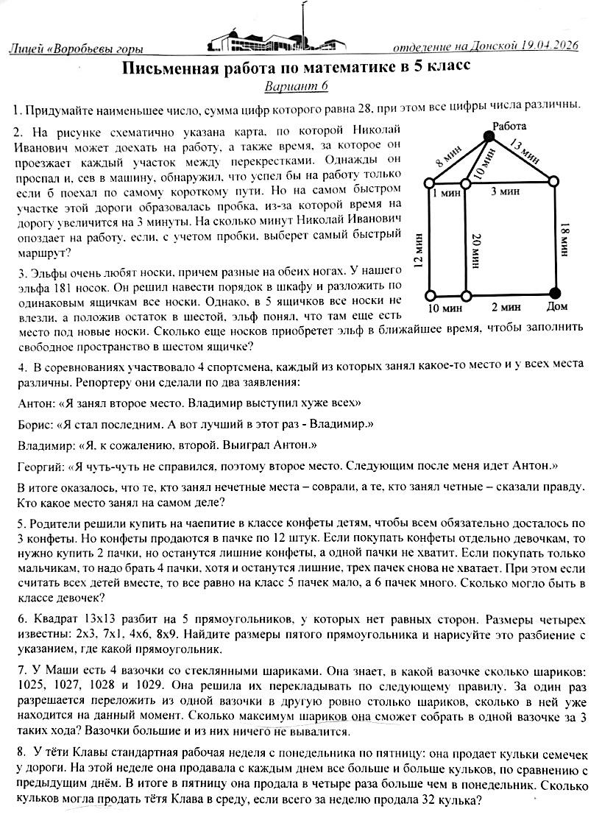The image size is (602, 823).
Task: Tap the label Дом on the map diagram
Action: coord(557,306)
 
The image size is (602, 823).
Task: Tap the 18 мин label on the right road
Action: coord(565,239)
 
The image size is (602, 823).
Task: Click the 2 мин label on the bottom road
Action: coord(507,306)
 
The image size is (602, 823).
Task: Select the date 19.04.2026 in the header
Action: coord(543,46)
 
